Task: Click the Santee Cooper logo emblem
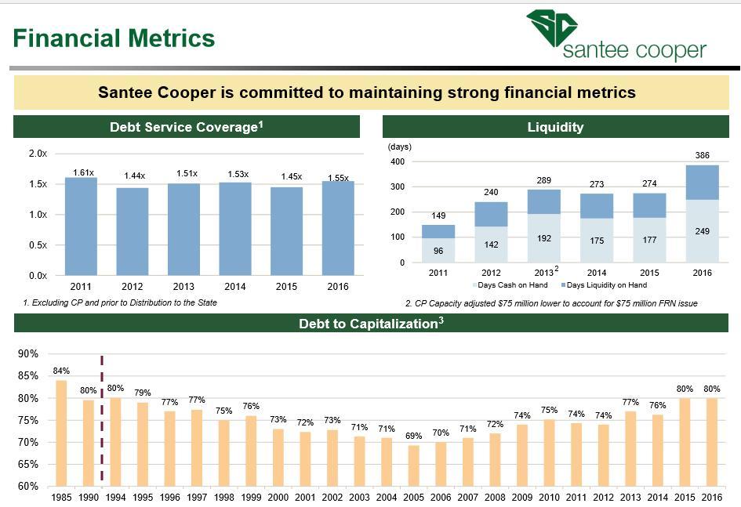pyautogui.click(x=552, y=28)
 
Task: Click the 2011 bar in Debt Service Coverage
pyautogui.click(x=81, y=226)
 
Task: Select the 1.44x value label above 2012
pyautogui.click(x=135, y=176)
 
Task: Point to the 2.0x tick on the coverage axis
pyautogui.click(x=38, y=154)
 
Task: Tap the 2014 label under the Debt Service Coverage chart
pyautogui.click(x=235, y=287)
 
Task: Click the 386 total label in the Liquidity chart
pyautogui.click(x=703, y=155)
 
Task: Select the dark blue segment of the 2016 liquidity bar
pyautogui.click(x=703, y=183)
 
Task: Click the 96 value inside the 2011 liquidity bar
pyautogui.click(x=438, y=251)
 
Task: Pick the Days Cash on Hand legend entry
pyautogui.click(x=510, y=285)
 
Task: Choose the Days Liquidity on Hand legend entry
pyautogui.click(x=604, y=285)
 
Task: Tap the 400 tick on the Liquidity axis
pyautogui.click(x=398, y=161)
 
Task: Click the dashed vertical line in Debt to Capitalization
pyautogui.click(x=102, y=420)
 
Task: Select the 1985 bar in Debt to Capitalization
pyautogui.click(x=61, y=433)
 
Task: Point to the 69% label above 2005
pyautogui.click(x=413, y=436)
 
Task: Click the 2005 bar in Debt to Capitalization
pyautogui.click(x=413, y=466)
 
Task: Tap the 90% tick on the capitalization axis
pyautogui.click(x=28, y=353)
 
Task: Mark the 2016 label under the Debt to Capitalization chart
pyautogui.click(x=712, y=497)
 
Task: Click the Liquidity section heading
pyautogui.click(x=555, y=127)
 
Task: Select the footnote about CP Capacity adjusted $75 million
pyautogui.click(x=551, y=303)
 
